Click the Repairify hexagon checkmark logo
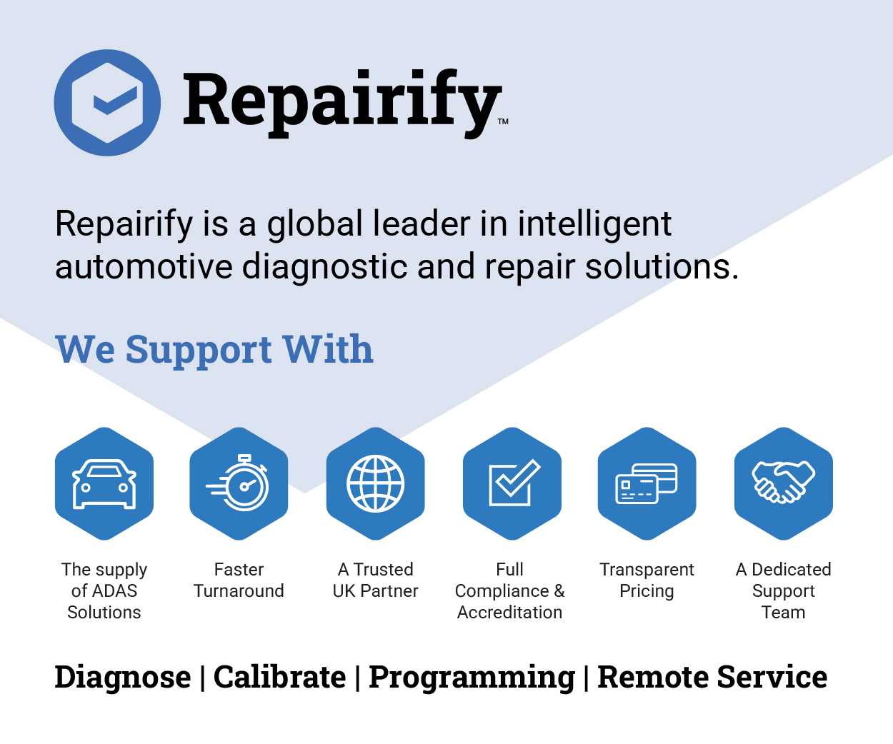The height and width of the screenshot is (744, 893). pyautogui.click(x=107, y=103)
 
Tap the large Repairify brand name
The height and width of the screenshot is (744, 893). pyautogui.click(x=342, y=103)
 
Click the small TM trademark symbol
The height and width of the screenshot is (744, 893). pyautogui.click(x=504, y=121)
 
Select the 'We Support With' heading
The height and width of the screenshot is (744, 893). pyautogui.click(x=214, y=350)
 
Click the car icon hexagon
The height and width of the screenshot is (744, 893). pyautogui.click(x=104, y=483)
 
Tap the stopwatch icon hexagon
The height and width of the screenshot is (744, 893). pyautogui.click(x=239, y=483)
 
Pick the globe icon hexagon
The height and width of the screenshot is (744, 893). pyautogui.click(x=376, y=483)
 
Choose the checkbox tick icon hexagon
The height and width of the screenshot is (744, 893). pyautogui.click(x=512, y=483)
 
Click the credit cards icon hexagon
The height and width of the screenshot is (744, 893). pyautogui.click(x=647, y=483)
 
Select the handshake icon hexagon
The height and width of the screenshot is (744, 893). pyautogui.click(x=784, y=483)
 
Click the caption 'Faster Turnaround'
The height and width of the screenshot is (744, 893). pyautogui.click(x=239, y=580)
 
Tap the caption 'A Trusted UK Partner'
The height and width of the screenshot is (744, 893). pyautogui.click(x=376, y=580)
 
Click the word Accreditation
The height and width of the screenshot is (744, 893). pyautogui.click(x=510, y=613)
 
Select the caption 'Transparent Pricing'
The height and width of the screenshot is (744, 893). pyautogui.click(x=647, y=581)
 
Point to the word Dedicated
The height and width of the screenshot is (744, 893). pyautogui.click(x=792, y=570)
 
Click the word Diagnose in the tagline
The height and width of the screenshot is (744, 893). pyautogui.click(x=123, y=678)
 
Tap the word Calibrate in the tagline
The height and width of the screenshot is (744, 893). pyautogui.click(x=280, y=676)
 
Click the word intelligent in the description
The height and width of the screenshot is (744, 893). pyautogui.click(x=594, y=224)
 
